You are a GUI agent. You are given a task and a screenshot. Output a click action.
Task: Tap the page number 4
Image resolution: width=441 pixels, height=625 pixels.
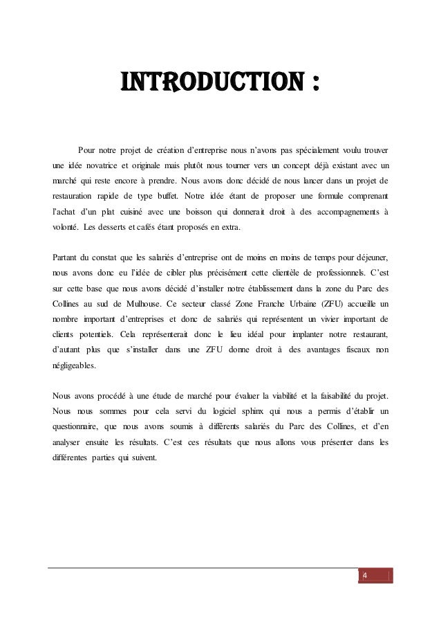[x=365, y=576]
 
